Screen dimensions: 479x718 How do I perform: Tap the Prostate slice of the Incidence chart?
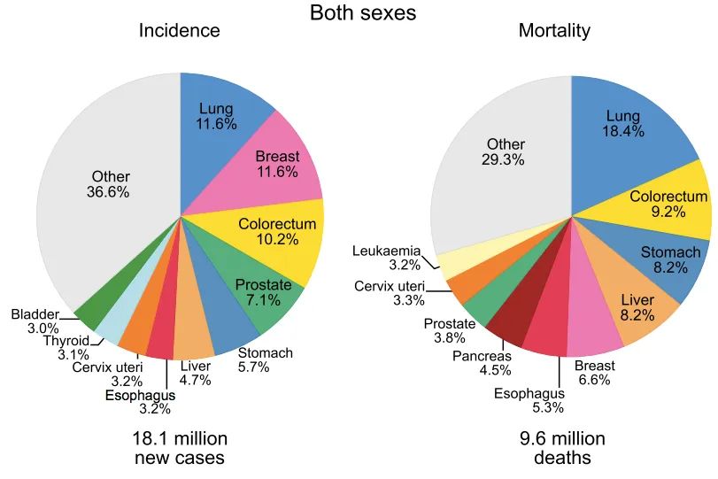[x=266, y=297]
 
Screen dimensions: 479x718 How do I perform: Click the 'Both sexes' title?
[x=362, y=13]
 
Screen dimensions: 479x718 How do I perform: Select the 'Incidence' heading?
[x=180, y=31]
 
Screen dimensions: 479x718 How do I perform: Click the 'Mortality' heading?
[x=554, y=31]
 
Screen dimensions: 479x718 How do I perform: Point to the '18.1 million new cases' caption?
[x=180, y=448]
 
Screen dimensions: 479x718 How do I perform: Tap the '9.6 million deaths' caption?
[x=563, y=448]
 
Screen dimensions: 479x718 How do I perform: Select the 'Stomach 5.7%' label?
[x=266, y=360]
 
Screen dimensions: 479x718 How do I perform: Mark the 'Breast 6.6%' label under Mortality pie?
[x=595, y=372]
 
